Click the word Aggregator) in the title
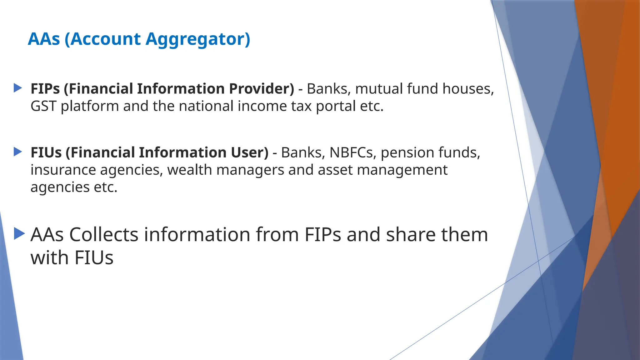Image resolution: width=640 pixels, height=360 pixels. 198,39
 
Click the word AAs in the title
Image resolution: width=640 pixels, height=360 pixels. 44,39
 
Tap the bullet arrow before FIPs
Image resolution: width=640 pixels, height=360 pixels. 18,88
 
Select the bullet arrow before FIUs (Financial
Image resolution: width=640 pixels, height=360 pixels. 18,152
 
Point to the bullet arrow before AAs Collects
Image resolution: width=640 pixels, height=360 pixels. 19,234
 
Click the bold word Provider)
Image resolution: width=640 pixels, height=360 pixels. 262,89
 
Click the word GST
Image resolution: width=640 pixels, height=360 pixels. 43,106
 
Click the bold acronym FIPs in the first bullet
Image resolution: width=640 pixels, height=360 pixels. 45,89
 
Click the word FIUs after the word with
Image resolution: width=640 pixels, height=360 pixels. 94,258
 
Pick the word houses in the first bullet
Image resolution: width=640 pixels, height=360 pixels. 468,89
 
